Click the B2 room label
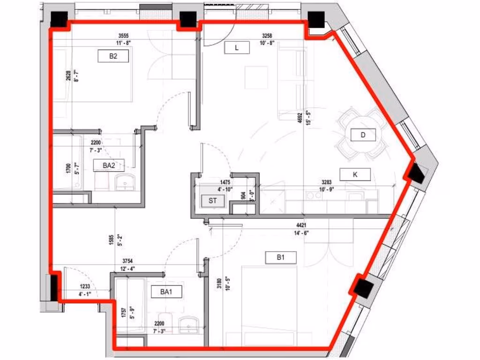(113, 57)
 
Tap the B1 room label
(281, 257)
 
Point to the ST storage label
(212, 201)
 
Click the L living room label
(237, 47)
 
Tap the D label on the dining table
(363, 135)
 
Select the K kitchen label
(355, 174)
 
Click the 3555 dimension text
(123, 36)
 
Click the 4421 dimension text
(301, 225)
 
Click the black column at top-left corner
(59, 19)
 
